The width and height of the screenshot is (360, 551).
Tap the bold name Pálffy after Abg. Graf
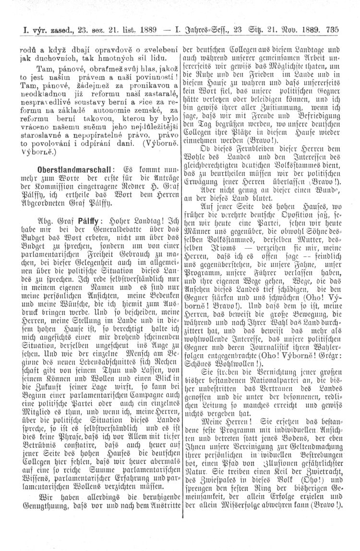87,217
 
